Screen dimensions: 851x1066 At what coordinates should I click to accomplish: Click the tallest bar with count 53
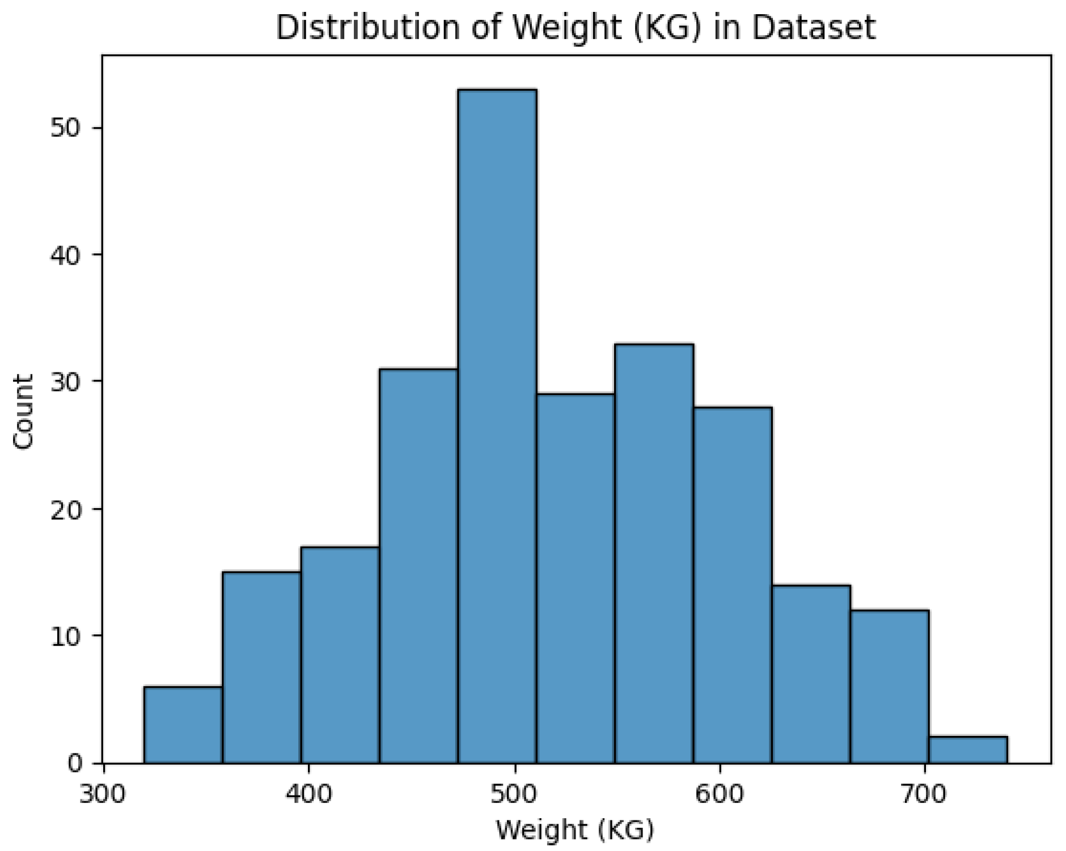(x=497, y=425)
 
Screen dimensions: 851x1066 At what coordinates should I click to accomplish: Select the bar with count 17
(x=340, y=655)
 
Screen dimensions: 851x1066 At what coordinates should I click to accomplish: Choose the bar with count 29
(x=576, y=578)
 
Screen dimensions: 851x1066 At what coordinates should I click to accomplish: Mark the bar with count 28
(x=733, y=585)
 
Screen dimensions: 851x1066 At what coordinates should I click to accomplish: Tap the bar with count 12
(x=890, y=686)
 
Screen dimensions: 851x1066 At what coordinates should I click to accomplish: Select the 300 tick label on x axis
(x=102, y=794)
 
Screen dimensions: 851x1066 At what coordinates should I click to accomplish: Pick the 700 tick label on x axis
(x=925, y=794)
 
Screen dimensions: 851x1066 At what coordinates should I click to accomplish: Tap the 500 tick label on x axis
(x=514, y=794)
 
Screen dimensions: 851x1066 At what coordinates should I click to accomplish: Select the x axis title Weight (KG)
(x=575, y=830)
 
